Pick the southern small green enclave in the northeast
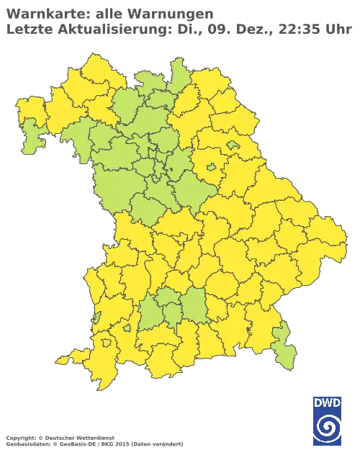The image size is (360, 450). tap(211, 168)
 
